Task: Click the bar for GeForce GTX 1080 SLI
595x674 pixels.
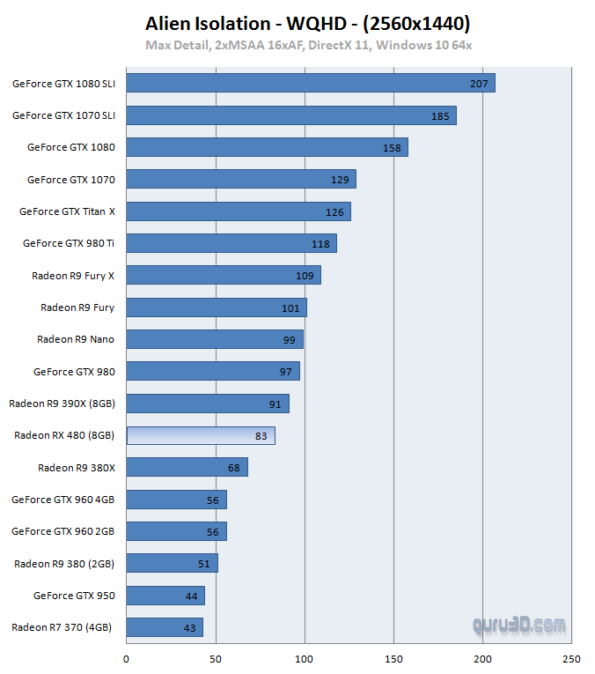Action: (x=311, y=83)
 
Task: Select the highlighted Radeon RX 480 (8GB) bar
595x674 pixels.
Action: (x=201, y=435)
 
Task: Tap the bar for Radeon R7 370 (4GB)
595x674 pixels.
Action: (x=165, y=627)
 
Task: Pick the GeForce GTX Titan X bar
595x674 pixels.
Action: (x=239, y=211)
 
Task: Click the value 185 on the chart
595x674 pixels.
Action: (x=440, y=115)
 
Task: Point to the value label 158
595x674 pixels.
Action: (x=392, y=148)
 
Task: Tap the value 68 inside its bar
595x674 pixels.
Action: (x=233, y=468)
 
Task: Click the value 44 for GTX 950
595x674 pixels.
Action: (x=191, y=596)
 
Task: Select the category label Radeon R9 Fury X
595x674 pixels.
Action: (x=73, y=276)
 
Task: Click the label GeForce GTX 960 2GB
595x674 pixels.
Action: (x=63, y=531)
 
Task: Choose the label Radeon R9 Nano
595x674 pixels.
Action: (x=76, y=339)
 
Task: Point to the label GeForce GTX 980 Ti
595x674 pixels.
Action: (x=69, y=243)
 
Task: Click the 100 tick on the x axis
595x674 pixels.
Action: (x=305, y=659)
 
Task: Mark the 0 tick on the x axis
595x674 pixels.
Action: (x=127, y=659)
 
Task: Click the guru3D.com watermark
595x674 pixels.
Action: (x=519, y=626)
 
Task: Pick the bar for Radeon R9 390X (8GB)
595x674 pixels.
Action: (x=208, y=404)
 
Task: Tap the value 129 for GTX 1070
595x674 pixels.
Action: (x=340, y=180)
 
